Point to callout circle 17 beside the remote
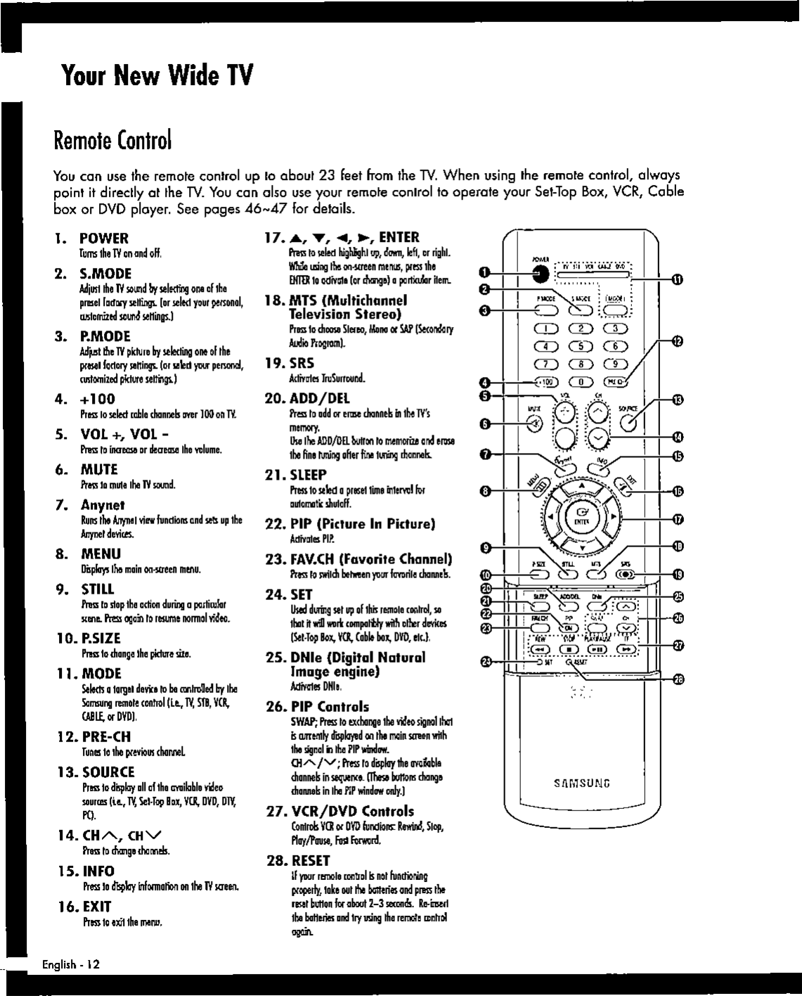pyautogui.click(x=678, y=521)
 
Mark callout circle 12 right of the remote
pyautogui.click(x=678, y=342)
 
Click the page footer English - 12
pyautogui.click(x=70, y=964)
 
